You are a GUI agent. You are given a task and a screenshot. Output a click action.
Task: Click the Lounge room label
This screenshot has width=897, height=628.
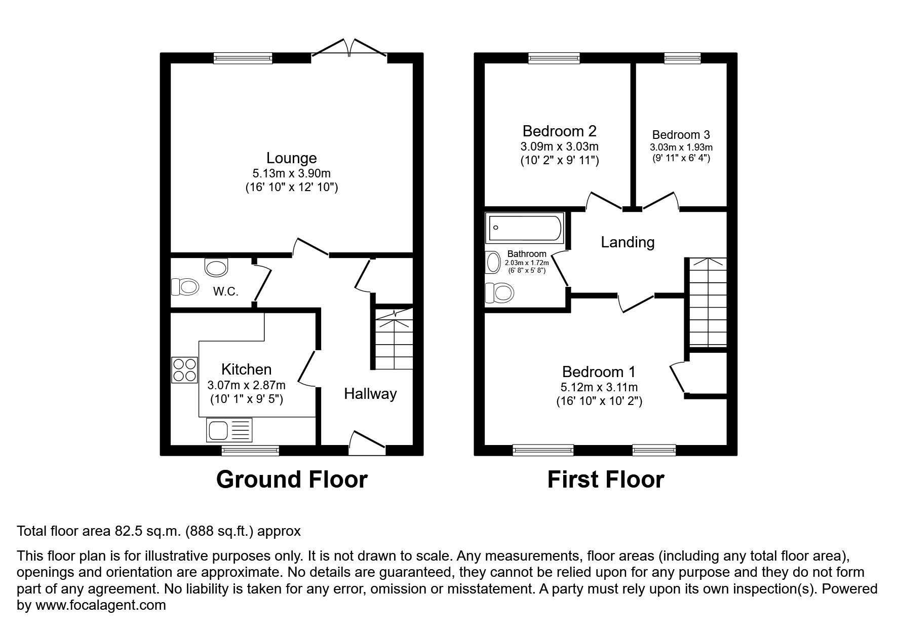pos(291,158)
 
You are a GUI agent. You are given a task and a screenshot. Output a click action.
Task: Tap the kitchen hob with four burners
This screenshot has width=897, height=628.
pos(184,370)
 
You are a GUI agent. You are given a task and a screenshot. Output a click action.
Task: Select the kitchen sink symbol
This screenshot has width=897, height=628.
pos(229,430)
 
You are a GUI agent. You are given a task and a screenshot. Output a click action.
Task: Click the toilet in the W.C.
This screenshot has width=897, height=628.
pos(184,287)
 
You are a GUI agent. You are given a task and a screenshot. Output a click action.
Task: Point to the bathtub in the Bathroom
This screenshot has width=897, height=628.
pos(525,228)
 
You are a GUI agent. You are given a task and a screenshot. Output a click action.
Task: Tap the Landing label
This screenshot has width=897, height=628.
pos(628,242)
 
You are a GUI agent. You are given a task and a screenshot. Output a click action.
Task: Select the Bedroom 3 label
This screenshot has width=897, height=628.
pos(681,135)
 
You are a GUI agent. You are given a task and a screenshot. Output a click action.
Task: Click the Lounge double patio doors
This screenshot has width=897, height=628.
pos(349,48)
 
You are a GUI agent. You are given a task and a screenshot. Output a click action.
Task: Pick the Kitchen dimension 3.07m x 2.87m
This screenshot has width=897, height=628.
pos(246,385)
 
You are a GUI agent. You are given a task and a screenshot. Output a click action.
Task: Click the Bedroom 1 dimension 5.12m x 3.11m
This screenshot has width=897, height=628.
pos(599,388)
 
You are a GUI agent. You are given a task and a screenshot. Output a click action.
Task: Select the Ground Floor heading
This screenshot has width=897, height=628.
pos(291,479)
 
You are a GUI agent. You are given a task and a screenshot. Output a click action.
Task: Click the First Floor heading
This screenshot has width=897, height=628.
pos(605,479)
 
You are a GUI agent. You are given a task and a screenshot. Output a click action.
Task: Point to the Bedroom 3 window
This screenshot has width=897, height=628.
pos(682,59)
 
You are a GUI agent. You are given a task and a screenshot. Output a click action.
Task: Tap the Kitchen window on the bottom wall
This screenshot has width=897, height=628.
pos(250,450)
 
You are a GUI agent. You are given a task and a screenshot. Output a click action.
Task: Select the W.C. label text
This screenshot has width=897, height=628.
pos(225,292)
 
